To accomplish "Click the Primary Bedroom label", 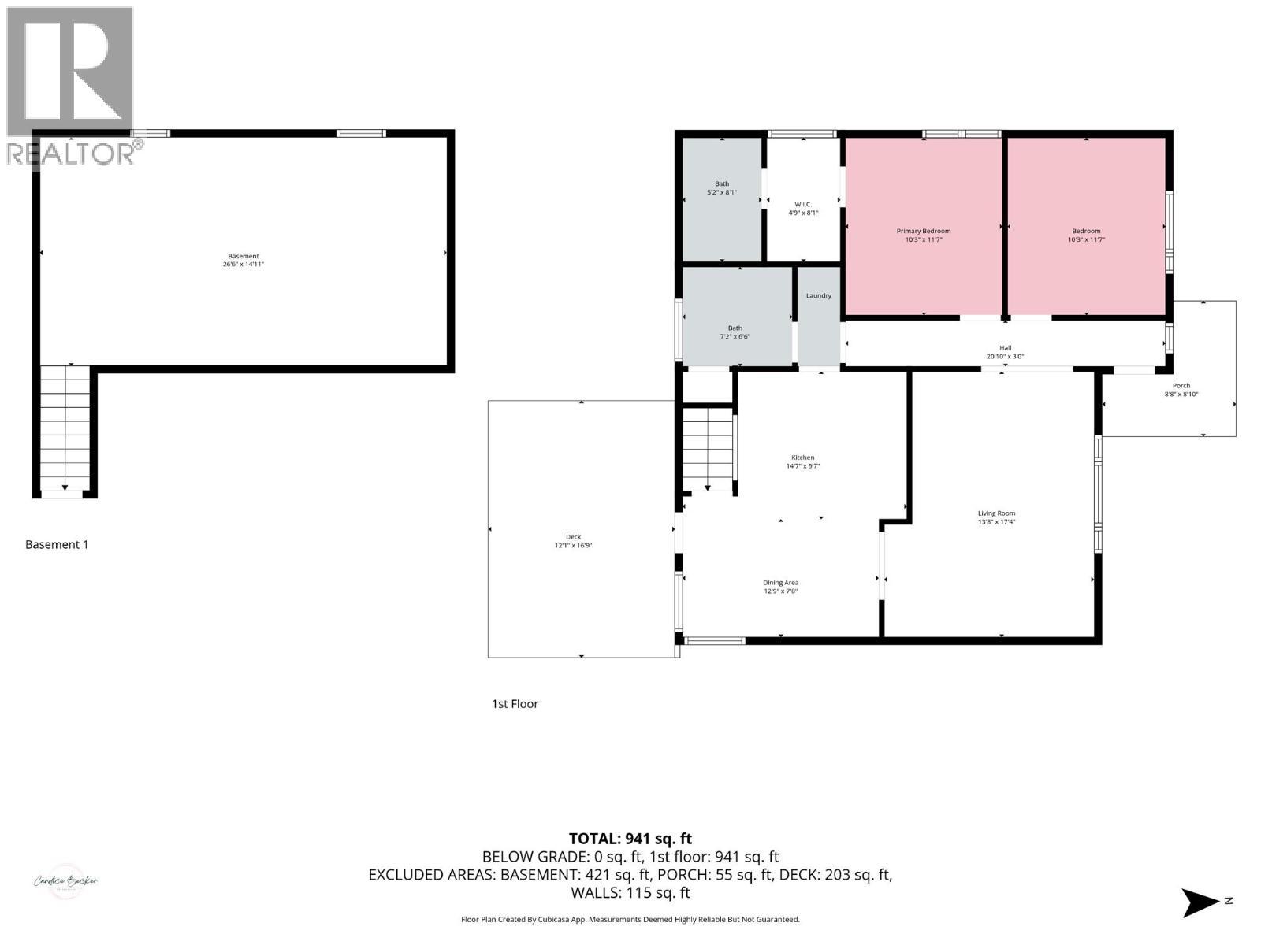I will pyautogui.click(x=923, y=232).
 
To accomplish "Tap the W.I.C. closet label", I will pyautogui.click(x=803, y=205).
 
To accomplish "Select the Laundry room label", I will pyautogui.click(x=818, y=296).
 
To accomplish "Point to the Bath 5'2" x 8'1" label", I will pyautogui.click(x=721, y=188).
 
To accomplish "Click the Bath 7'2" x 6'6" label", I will pyautogui.click(x=735, y=332).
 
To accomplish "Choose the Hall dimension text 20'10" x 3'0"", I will pyautogui.click(x=1005, y=357).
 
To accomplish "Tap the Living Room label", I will pyautogui.click(x=996, y=513).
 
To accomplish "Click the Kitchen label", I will pyautogui.click(x=802, y=458).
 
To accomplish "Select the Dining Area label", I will pyautogui.click(x=780, y=583).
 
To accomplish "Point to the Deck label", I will pyautogui.click(x=573, y=537).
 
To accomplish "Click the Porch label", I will pyautogui.click(x=1181, y=386).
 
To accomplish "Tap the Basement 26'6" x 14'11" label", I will pyautogui.click(x=243, y=261).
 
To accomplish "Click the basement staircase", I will pyautogui.click(x=65, y=429).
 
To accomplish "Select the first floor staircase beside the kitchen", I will pyautogui.click(x=708, y=449).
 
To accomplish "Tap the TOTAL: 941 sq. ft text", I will pyautogui.click(x=630, y=839).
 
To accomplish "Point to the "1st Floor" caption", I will pyautogui.click(x=515, y=704).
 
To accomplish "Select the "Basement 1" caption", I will pyautogui.click(x=57, y=544).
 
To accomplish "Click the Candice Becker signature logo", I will pyautogui.click(x=65, y=881).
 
